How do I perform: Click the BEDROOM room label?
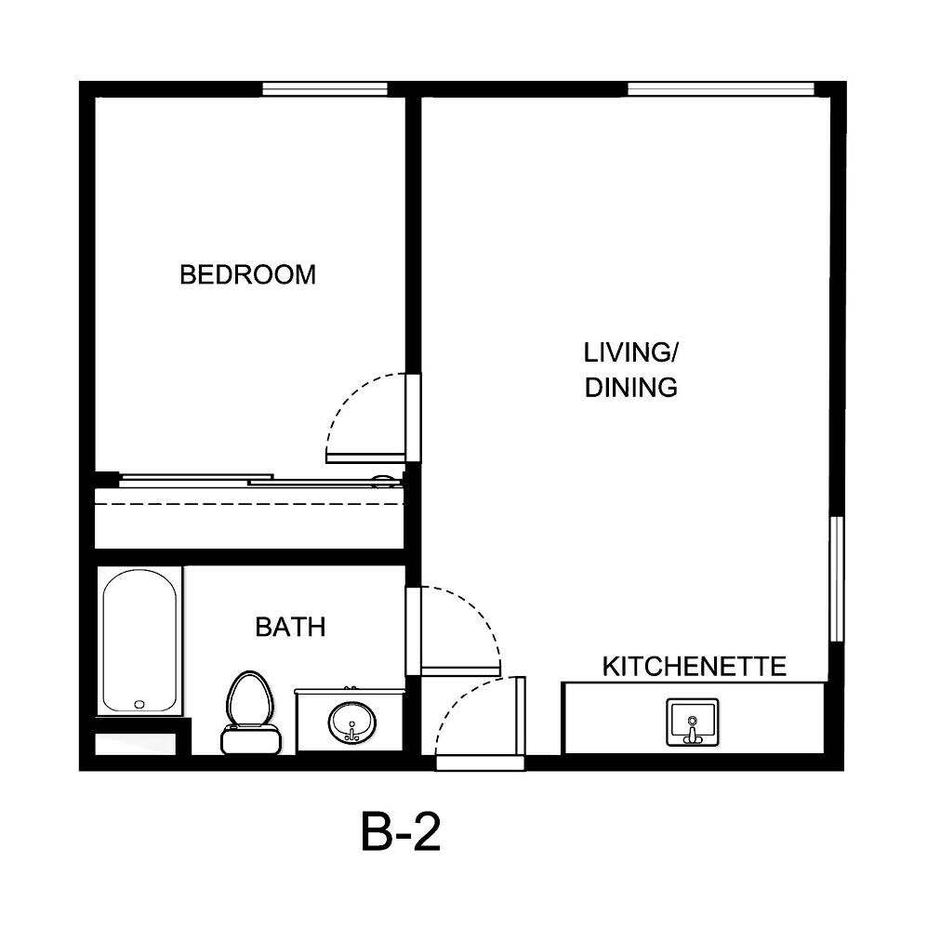click(247, 275)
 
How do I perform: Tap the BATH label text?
click(290, 628)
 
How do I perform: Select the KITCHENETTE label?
click(695, 667)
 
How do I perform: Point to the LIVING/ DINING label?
click(629, 369)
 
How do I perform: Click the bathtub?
click(139, 642)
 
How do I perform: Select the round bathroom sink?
click(351, 720)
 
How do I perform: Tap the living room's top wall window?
click(721, 89)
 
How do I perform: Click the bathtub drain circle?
click(139, 705)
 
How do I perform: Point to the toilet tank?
click(250, 739)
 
